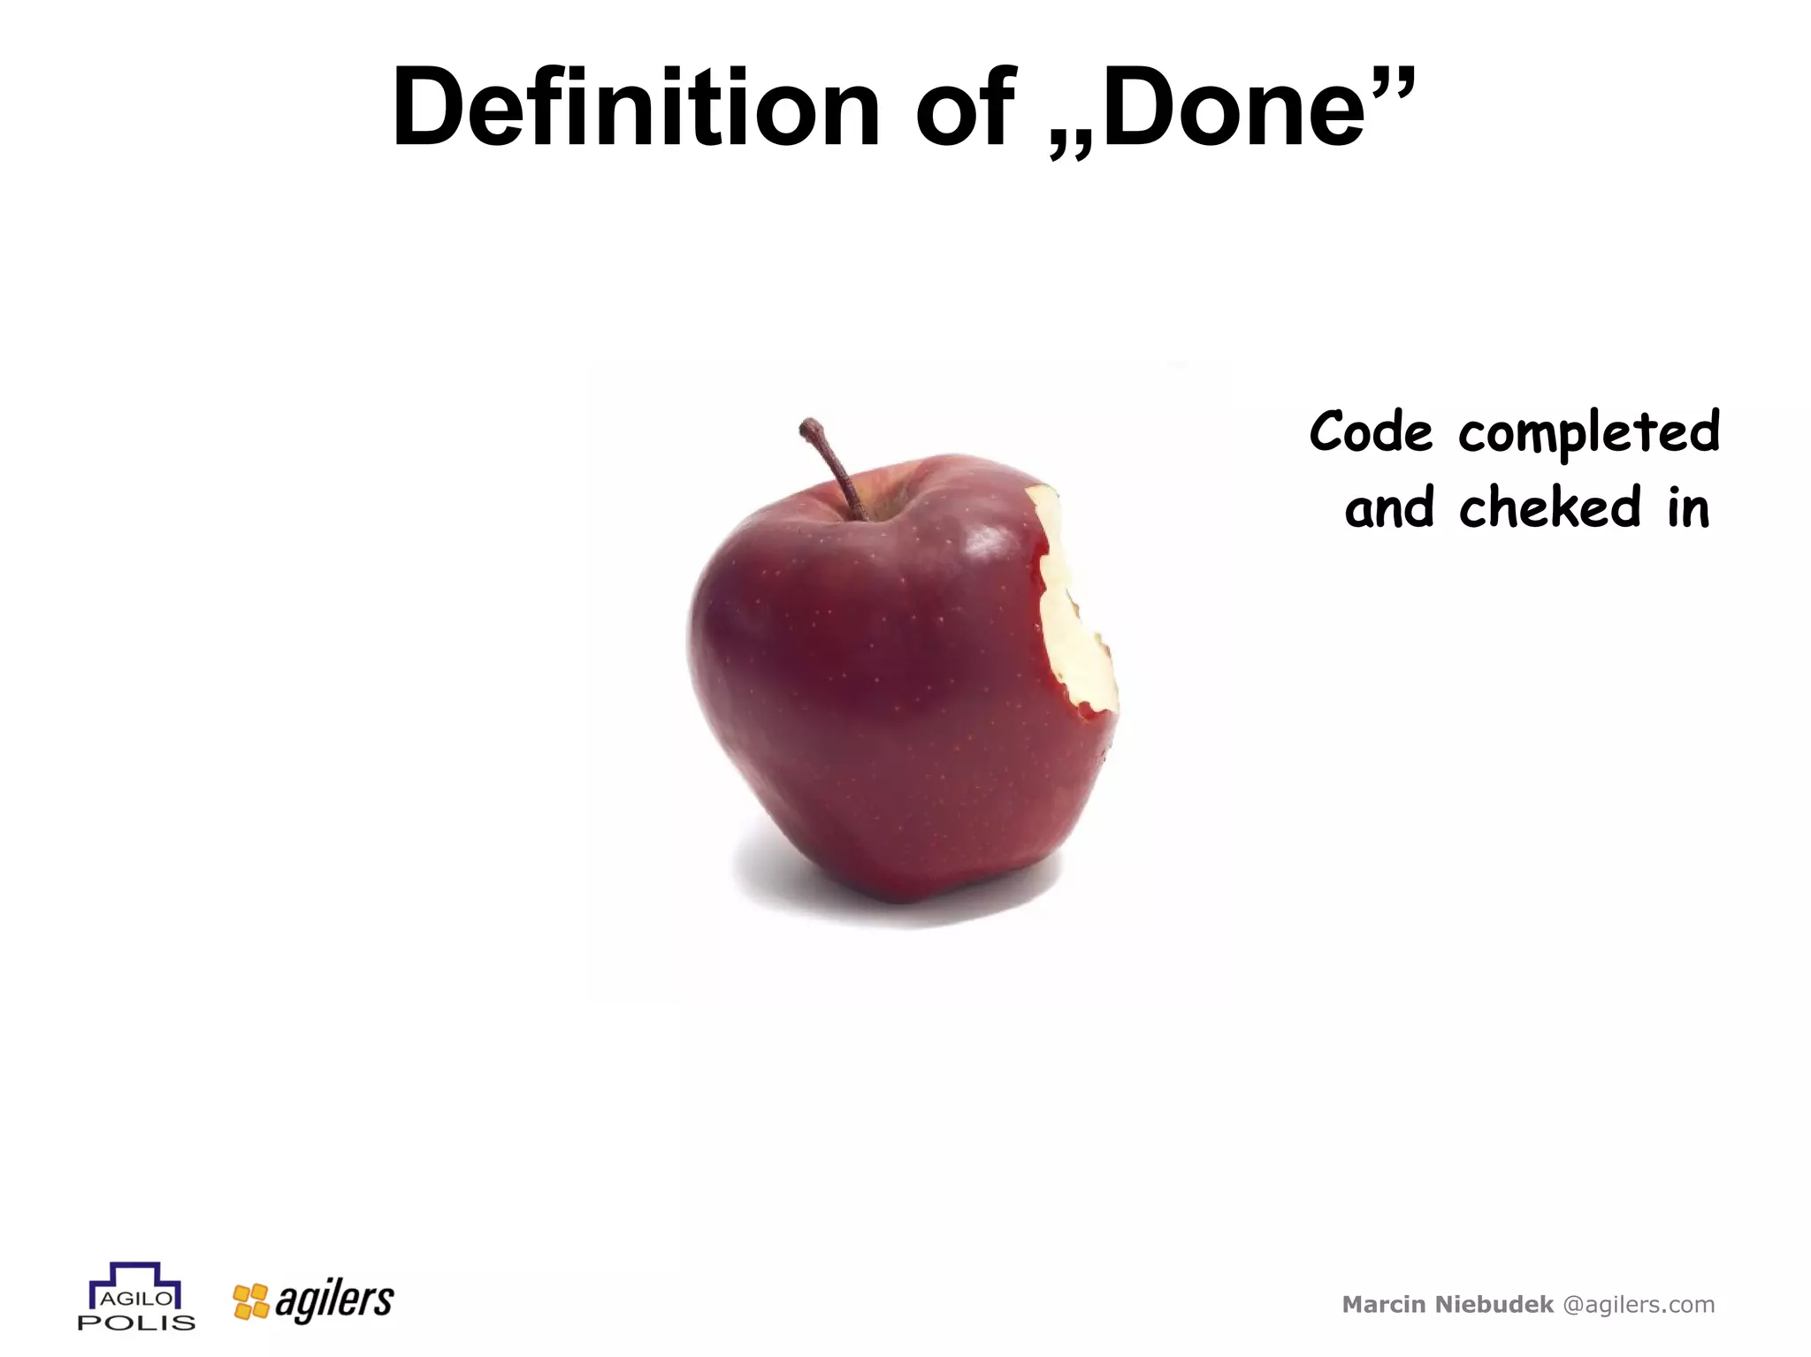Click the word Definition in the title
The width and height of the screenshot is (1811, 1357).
coord(635,108)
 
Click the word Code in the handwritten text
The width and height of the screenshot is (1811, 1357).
coord(1370,432)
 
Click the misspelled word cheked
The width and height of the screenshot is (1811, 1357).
coord(1549,508)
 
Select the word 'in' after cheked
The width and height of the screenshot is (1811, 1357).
coord(1688,508)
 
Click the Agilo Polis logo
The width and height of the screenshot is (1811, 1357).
coord(136,1296)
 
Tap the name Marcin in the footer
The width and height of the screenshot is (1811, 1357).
coord(1384,1304)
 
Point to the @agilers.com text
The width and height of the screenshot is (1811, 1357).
coord(1639,1304)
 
